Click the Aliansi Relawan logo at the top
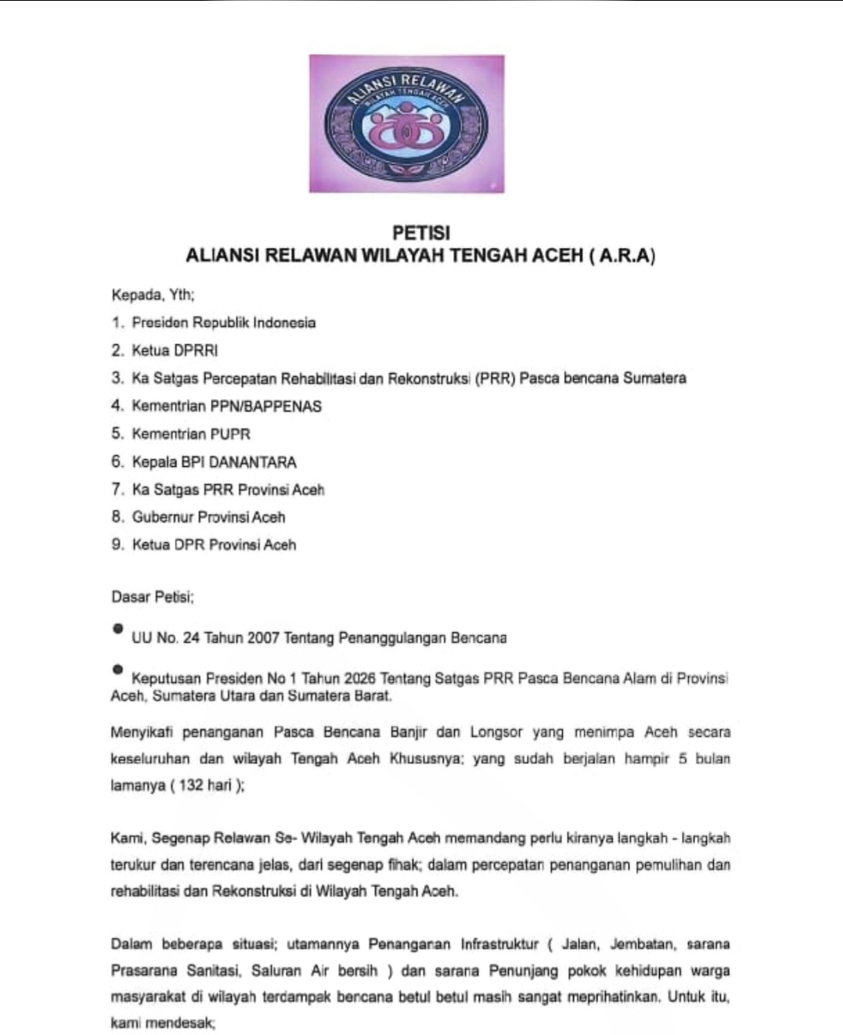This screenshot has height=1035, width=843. click(406, 124)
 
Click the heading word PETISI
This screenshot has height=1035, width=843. click(420, 233)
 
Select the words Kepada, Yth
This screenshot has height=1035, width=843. click(153, 296)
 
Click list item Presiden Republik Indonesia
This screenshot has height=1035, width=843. click(223, 323)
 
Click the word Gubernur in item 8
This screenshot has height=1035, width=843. click(162, 517)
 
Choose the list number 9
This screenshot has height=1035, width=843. click(117, 544)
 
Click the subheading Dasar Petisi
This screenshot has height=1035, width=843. click(152, 597)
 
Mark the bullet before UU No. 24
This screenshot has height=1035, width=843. click(117, 628)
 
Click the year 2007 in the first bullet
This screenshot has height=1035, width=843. click(263, 638)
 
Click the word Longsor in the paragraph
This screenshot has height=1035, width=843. click(496, 732)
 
